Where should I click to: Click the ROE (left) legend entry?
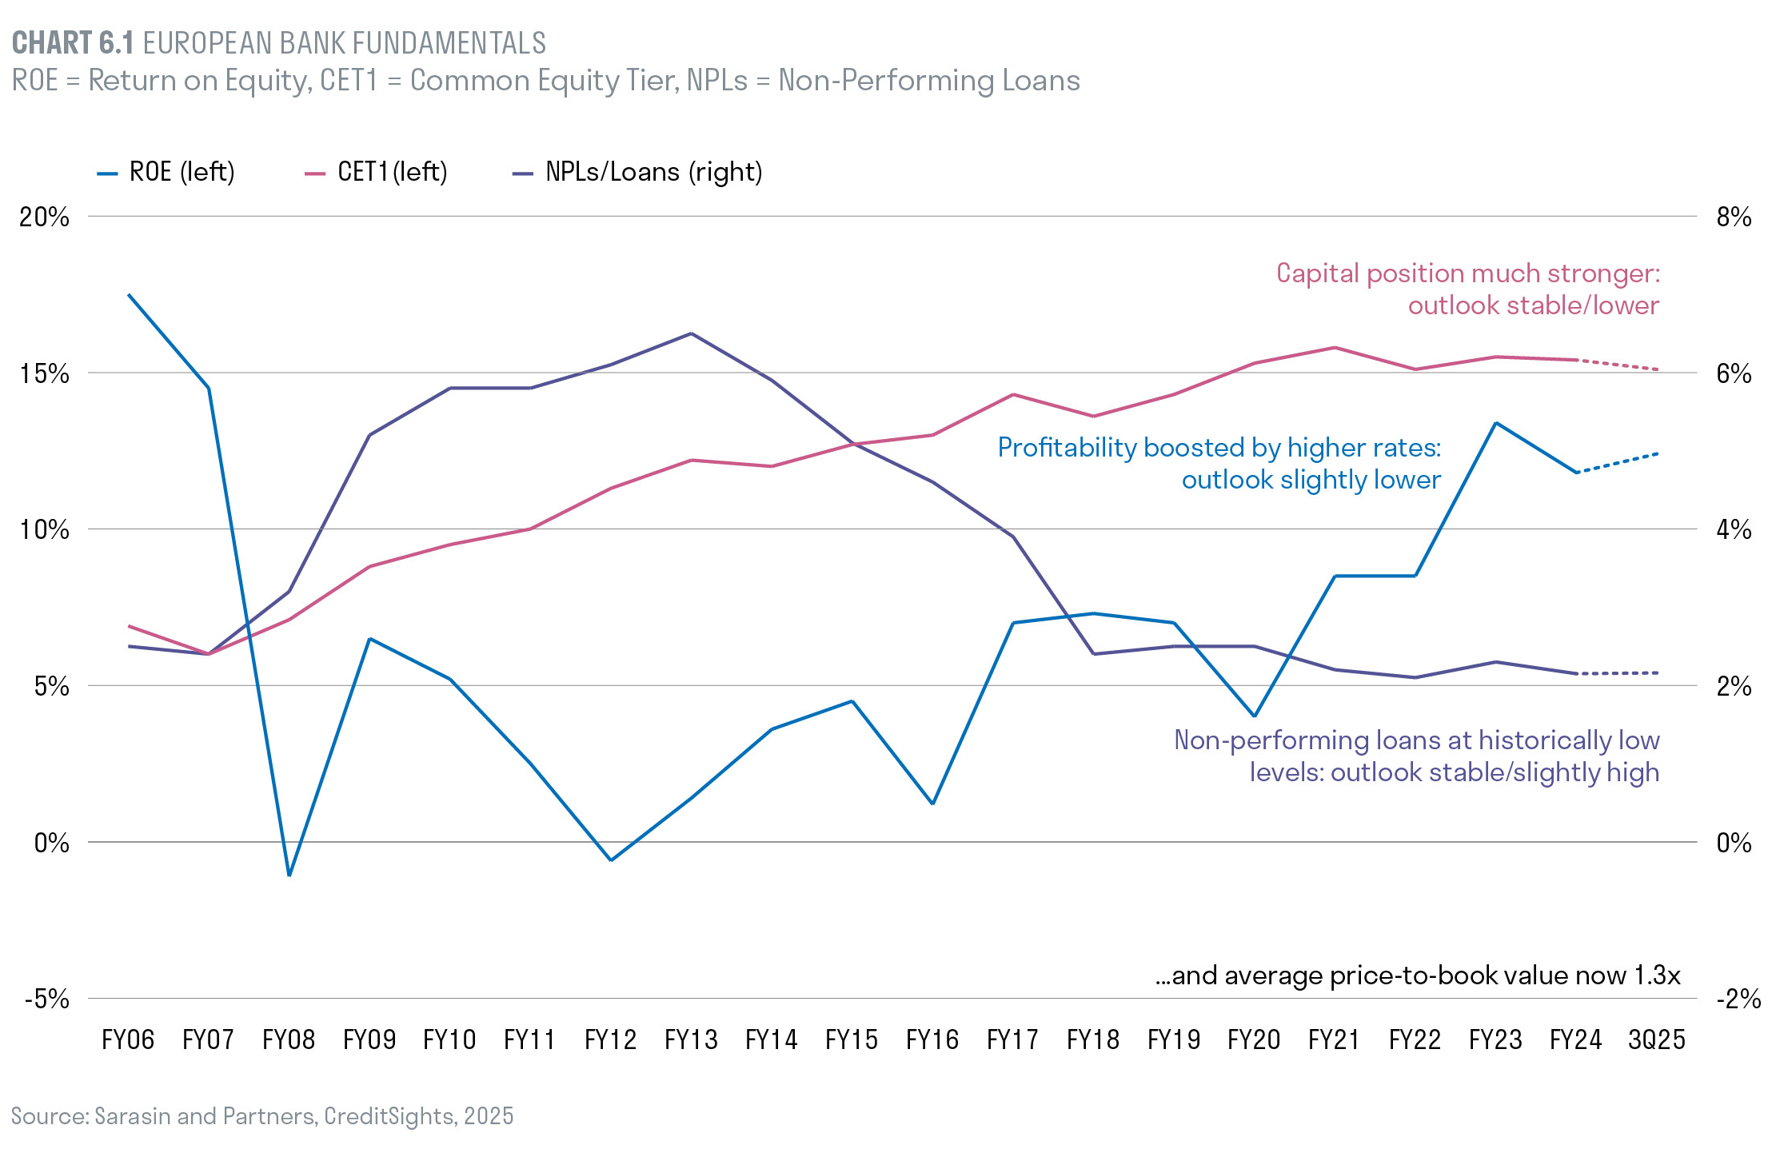[166, 173]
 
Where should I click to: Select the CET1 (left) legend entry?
[377, 173]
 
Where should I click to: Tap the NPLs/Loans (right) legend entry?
[637, 173]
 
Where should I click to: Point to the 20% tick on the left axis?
[45, 217]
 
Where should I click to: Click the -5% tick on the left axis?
[47, 999]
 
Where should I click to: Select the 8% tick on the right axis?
[1734, 217]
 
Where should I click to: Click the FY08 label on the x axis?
[289, 1040]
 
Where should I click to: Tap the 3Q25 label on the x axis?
[1657, 1040]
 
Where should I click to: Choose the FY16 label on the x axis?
[932, 1040]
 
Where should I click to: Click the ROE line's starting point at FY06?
[129, 295]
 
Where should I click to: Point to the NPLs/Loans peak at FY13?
[691, 333]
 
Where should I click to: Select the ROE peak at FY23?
[1495, 423]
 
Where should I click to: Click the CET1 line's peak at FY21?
[1335, 348]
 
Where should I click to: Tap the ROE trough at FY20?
[1254, 716]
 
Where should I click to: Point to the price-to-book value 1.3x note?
[1417, 976]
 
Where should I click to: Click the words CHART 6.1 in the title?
[73, 43]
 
